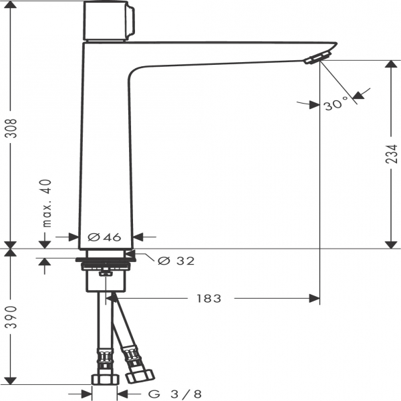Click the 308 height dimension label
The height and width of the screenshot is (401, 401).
pyautogui.click(x=11, y=128)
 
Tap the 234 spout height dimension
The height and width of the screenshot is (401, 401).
pyautogui.click(x=391, y=154)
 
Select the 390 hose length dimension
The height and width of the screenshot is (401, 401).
pyautogui.click(x=11, y=317)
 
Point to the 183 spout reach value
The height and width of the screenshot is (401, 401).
pyautogui.click(x=209, y=299)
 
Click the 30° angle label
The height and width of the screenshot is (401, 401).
pyautogui.click(x=336, y=104)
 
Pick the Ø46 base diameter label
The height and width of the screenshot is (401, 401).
pyautogui.click(x=104, y=237)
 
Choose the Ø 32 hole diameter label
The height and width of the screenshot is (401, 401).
pyautogui.click(x=176, y=261)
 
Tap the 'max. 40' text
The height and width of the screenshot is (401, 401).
pyautogui.click(x=47, y=203)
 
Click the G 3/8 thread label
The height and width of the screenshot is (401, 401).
pyautogui.click(x=175, y=394)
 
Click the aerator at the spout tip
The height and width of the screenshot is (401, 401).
pyautogui.click(x=317, y=57)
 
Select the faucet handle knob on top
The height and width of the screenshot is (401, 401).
pyautogui.click(x=109, y=21)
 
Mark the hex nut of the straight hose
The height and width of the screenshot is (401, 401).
pyautogui.click(x=105, y=380)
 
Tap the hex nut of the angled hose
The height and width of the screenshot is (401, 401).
pyautogui.click(x=140, y=376)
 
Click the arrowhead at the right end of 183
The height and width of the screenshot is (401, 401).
pyautogui.click(x=314, y=299)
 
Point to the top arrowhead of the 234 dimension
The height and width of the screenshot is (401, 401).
pyautogui.click(x=391, y=64)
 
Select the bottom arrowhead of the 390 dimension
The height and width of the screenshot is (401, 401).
pyautogui.click(x=11, y=381)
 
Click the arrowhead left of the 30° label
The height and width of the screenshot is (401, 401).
pyautogui.click(x=315, y=105)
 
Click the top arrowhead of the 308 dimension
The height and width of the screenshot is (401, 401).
pyautogui.click(x=11, y=5)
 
